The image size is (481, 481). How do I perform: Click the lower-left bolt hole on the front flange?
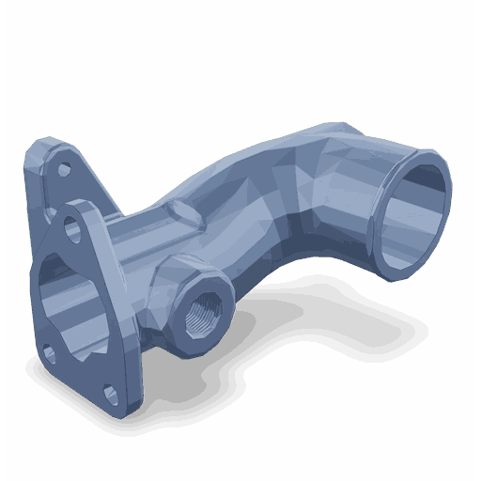49,353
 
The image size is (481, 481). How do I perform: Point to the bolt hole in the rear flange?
63,171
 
